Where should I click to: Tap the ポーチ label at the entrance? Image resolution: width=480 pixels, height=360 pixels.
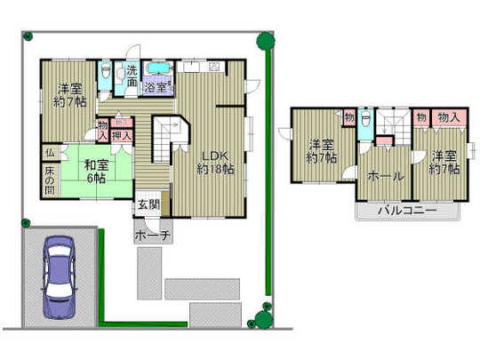point(148,236)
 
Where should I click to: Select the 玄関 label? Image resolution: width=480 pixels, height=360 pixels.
point(148,206)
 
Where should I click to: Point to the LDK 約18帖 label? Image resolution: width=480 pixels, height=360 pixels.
point(216,158)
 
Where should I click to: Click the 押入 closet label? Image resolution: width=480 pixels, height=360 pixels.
point(123,136)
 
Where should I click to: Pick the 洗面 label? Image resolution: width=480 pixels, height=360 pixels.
point(130,75)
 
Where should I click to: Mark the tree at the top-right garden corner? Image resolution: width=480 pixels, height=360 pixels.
point(263,41)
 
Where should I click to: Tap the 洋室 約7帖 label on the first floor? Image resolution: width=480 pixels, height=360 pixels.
point(70,95)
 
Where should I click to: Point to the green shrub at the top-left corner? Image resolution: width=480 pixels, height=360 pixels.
point(28,36)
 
